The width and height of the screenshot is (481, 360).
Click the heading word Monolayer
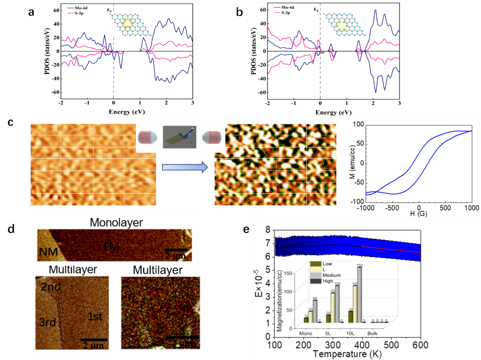pos(116,222)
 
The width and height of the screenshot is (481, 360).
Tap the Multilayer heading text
pos(72,269)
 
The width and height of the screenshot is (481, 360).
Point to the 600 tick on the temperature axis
pos(420,344)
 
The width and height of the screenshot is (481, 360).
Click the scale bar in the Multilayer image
pos(94,339)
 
